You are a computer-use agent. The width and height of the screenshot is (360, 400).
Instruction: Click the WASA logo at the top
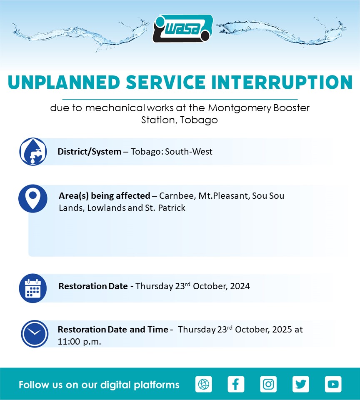pyautogui.click(x=182, y=28)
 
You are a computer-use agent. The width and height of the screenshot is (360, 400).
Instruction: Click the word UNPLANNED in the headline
pyautogui.click(x=64, y=82)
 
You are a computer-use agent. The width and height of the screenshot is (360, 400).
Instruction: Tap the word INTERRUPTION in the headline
pyautogui.click(x=282, y=82)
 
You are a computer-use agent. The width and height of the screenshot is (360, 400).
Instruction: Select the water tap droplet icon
pyautogui.click(x=33, y=152)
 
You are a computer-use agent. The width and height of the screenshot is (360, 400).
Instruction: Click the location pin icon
pyautogui.click(x=33, y=198)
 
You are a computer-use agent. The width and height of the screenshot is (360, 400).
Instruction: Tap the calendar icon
pyautogui.click(x=33, y=288)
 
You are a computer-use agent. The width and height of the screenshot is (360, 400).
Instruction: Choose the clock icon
pyautogui.click(x=35, y=334)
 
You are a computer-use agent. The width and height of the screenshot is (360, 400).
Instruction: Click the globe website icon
pyautogui.click(x=204, y=384)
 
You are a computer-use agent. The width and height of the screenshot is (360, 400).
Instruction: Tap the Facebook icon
pyautogui.click(x=236, y=384)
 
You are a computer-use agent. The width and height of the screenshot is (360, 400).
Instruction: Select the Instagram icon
pyautogui.click(x=268, y=384)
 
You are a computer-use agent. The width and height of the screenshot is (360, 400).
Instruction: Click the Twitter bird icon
pyautogui.click(x=301, y=384)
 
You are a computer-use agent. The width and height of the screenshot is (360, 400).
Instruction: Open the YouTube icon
pyautogui.click(x=333, y=384)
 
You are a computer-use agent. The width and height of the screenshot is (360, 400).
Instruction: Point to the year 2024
pyautogui.click(x=240, y=286)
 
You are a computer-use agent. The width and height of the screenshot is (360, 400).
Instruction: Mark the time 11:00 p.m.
pyautogui.click(x=79, y=342)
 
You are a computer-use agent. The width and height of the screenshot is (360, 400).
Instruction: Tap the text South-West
pyautogui.click(x=189, y=152)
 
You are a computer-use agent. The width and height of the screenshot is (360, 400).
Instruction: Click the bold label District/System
pyautogui.click(x=90, y=152)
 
